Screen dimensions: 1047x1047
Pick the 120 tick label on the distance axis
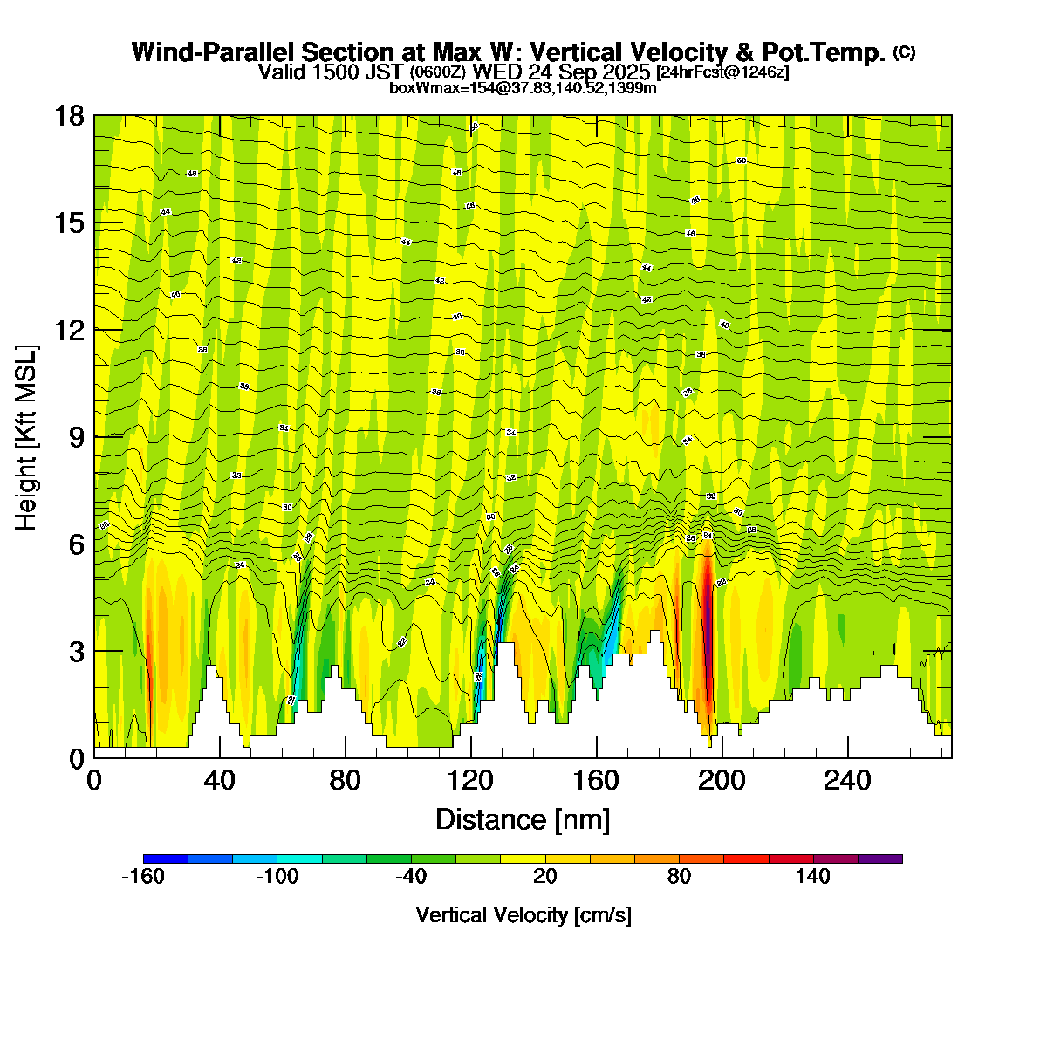click(471, 780)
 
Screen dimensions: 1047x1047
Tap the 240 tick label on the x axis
click(848, 780)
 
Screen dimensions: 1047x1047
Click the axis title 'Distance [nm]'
click(522, 820)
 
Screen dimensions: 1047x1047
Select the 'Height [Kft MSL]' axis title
click(27, 437)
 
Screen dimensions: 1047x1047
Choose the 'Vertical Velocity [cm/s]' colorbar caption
click(523, 915)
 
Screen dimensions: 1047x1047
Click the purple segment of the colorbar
click(880, 859)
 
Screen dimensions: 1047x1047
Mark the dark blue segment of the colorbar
click(166, 859)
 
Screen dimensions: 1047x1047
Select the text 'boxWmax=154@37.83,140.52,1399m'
click(523, 87)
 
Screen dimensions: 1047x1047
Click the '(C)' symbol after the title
click(904, 52)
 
